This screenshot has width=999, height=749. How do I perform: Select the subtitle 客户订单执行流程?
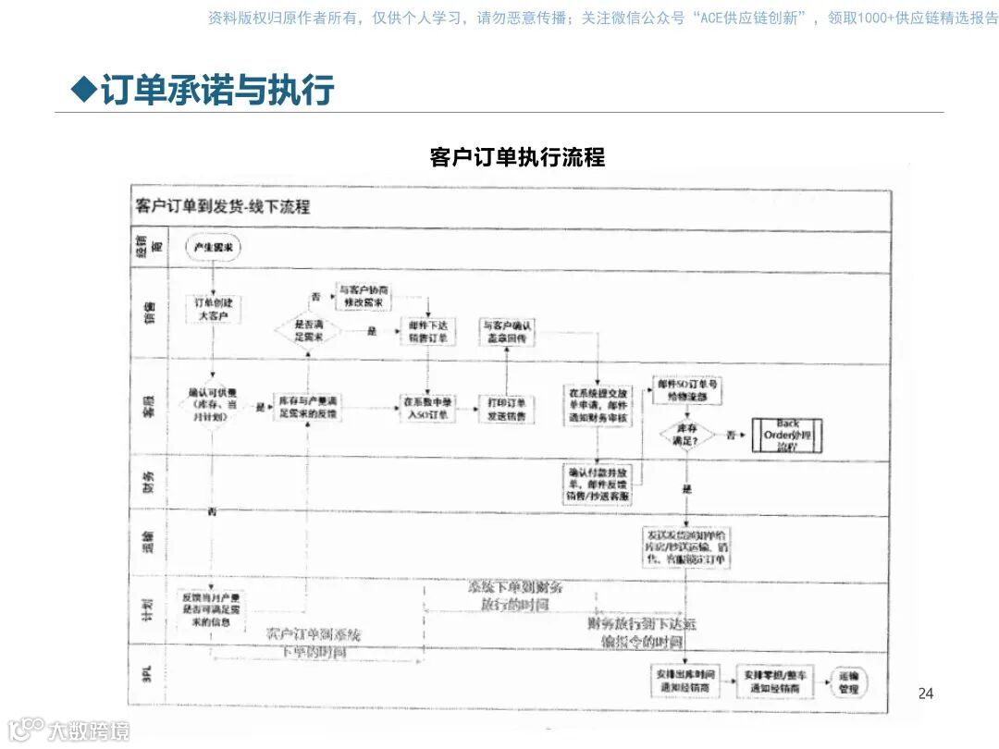[517, 157]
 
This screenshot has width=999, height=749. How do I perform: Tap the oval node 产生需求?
[213, 247]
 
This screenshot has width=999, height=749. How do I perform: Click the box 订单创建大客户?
[212, 309]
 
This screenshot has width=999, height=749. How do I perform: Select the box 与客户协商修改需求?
[362, 296]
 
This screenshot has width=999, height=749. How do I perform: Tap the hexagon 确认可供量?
[212, 404]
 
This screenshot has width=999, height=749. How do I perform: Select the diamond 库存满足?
[685, 435]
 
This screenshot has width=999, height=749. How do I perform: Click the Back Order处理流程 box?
[788, 435]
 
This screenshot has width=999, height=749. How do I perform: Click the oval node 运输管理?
[848, 682]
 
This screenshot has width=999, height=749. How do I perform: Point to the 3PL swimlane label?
[146, 681]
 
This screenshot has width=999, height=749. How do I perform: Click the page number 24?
[926, 694]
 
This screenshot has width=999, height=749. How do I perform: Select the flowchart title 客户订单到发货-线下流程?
[222, 206]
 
